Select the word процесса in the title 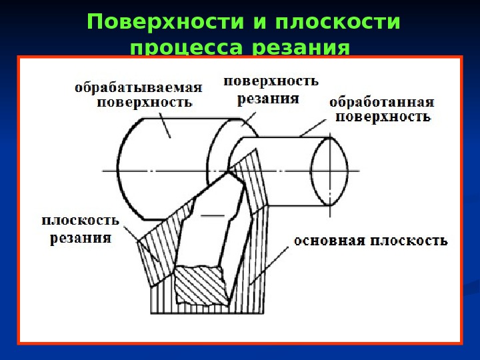(x=187, y=48)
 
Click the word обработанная (x=382, y=103)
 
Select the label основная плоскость (x=371, y=240)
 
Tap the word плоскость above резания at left (x=81, y=220)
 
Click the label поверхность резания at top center (x=271, y=90)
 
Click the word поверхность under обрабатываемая (x=145, y=103)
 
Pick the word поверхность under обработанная (x=382, y=117)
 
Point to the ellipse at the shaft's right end (x=330, y=172)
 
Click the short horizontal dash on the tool (x=212, y=216)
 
